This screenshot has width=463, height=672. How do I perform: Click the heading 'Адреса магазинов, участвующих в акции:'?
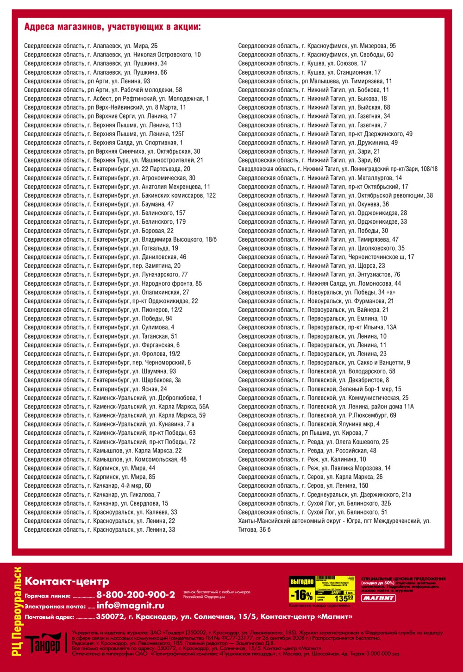(113, 27)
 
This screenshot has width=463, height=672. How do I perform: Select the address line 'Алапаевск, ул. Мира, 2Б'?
(91, 46)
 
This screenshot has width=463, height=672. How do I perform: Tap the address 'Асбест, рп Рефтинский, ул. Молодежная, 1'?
(116, 99)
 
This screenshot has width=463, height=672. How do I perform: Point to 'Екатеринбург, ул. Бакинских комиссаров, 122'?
(120, 195)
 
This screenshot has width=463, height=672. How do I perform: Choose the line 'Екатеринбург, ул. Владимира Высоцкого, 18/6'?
(120, 239)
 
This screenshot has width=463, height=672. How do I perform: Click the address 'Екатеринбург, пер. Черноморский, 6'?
(107, 363)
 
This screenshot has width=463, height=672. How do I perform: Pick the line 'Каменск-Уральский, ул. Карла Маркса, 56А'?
(116, 407)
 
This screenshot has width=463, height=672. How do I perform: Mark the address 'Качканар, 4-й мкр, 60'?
(88, 486)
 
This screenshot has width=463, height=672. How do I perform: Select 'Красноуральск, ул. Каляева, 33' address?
(100, 512)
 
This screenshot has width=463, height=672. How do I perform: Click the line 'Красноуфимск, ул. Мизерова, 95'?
(317, 46)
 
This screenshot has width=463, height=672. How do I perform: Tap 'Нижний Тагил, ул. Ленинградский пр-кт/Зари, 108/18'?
(338, 169)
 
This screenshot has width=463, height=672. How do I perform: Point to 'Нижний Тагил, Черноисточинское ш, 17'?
(326, 257)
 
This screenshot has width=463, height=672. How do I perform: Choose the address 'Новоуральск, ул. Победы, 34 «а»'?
(317, 292)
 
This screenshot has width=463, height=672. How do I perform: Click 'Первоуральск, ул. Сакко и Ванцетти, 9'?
(324, 363)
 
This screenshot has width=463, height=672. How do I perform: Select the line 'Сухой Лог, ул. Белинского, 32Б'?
(314, 503)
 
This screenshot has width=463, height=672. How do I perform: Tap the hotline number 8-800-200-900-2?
(136, 595)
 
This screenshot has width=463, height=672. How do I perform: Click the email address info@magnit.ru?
(130, 606)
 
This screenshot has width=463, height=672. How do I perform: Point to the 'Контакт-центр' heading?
(67, 582)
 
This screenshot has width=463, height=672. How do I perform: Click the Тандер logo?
(43, 645)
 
